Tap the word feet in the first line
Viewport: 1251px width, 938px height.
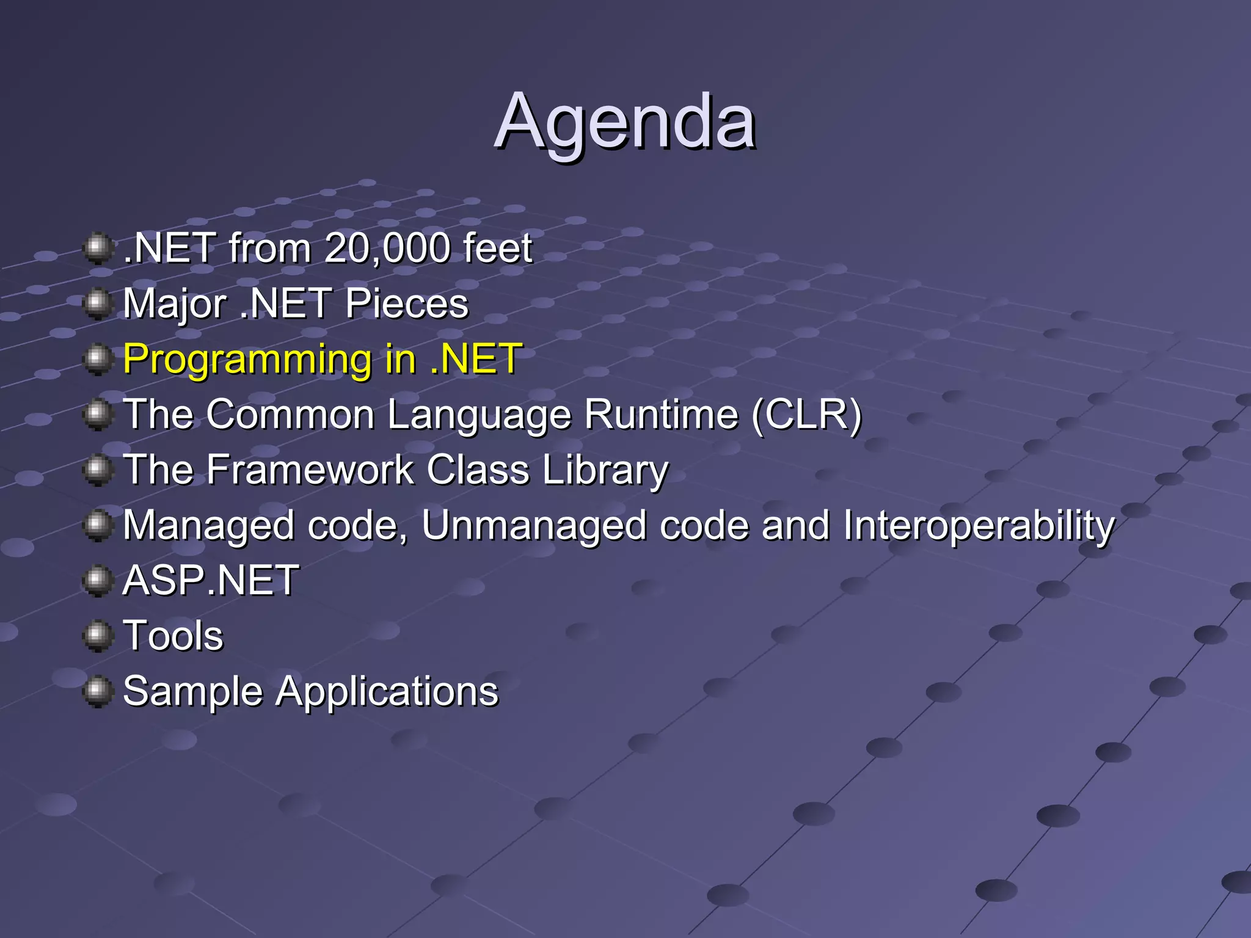[x=497, y=249]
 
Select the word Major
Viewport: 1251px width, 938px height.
[x=175, y=304]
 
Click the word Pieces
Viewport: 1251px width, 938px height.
[x=407, y=304]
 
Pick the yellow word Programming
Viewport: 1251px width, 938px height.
[x=247, y=360]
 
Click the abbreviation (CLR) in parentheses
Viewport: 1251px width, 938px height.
[x=807, y=415]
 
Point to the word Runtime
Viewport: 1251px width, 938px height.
[x=661, y=415]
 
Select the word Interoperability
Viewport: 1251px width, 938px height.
[x=979, y=526]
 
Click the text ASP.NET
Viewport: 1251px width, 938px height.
[x=211, y=580]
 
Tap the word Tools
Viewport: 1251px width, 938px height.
[x=173, y=636]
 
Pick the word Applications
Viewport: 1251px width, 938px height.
[x=387, y=692]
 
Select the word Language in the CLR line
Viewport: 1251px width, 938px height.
[x=480, y=415]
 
